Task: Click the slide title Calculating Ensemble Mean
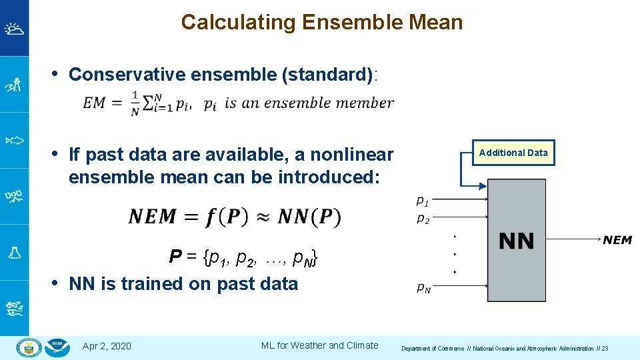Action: [321, 22]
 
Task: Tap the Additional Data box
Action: [513, 153]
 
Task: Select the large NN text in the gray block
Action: [516, 241]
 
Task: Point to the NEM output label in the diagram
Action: [617, 240]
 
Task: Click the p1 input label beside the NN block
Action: [423, 200]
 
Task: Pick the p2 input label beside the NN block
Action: [423, 219]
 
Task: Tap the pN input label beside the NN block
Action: [423, 288]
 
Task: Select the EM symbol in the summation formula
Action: [94, 103]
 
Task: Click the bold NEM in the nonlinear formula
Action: [153, 217]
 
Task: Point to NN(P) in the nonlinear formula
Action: [309, 217]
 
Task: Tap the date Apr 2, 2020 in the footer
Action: [107, 345]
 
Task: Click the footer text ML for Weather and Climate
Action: [319, 345]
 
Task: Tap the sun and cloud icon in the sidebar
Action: [14, 29]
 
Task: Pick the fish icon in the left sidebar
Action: [14, 140]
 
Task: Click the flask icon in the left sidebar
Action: [14, 252]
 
